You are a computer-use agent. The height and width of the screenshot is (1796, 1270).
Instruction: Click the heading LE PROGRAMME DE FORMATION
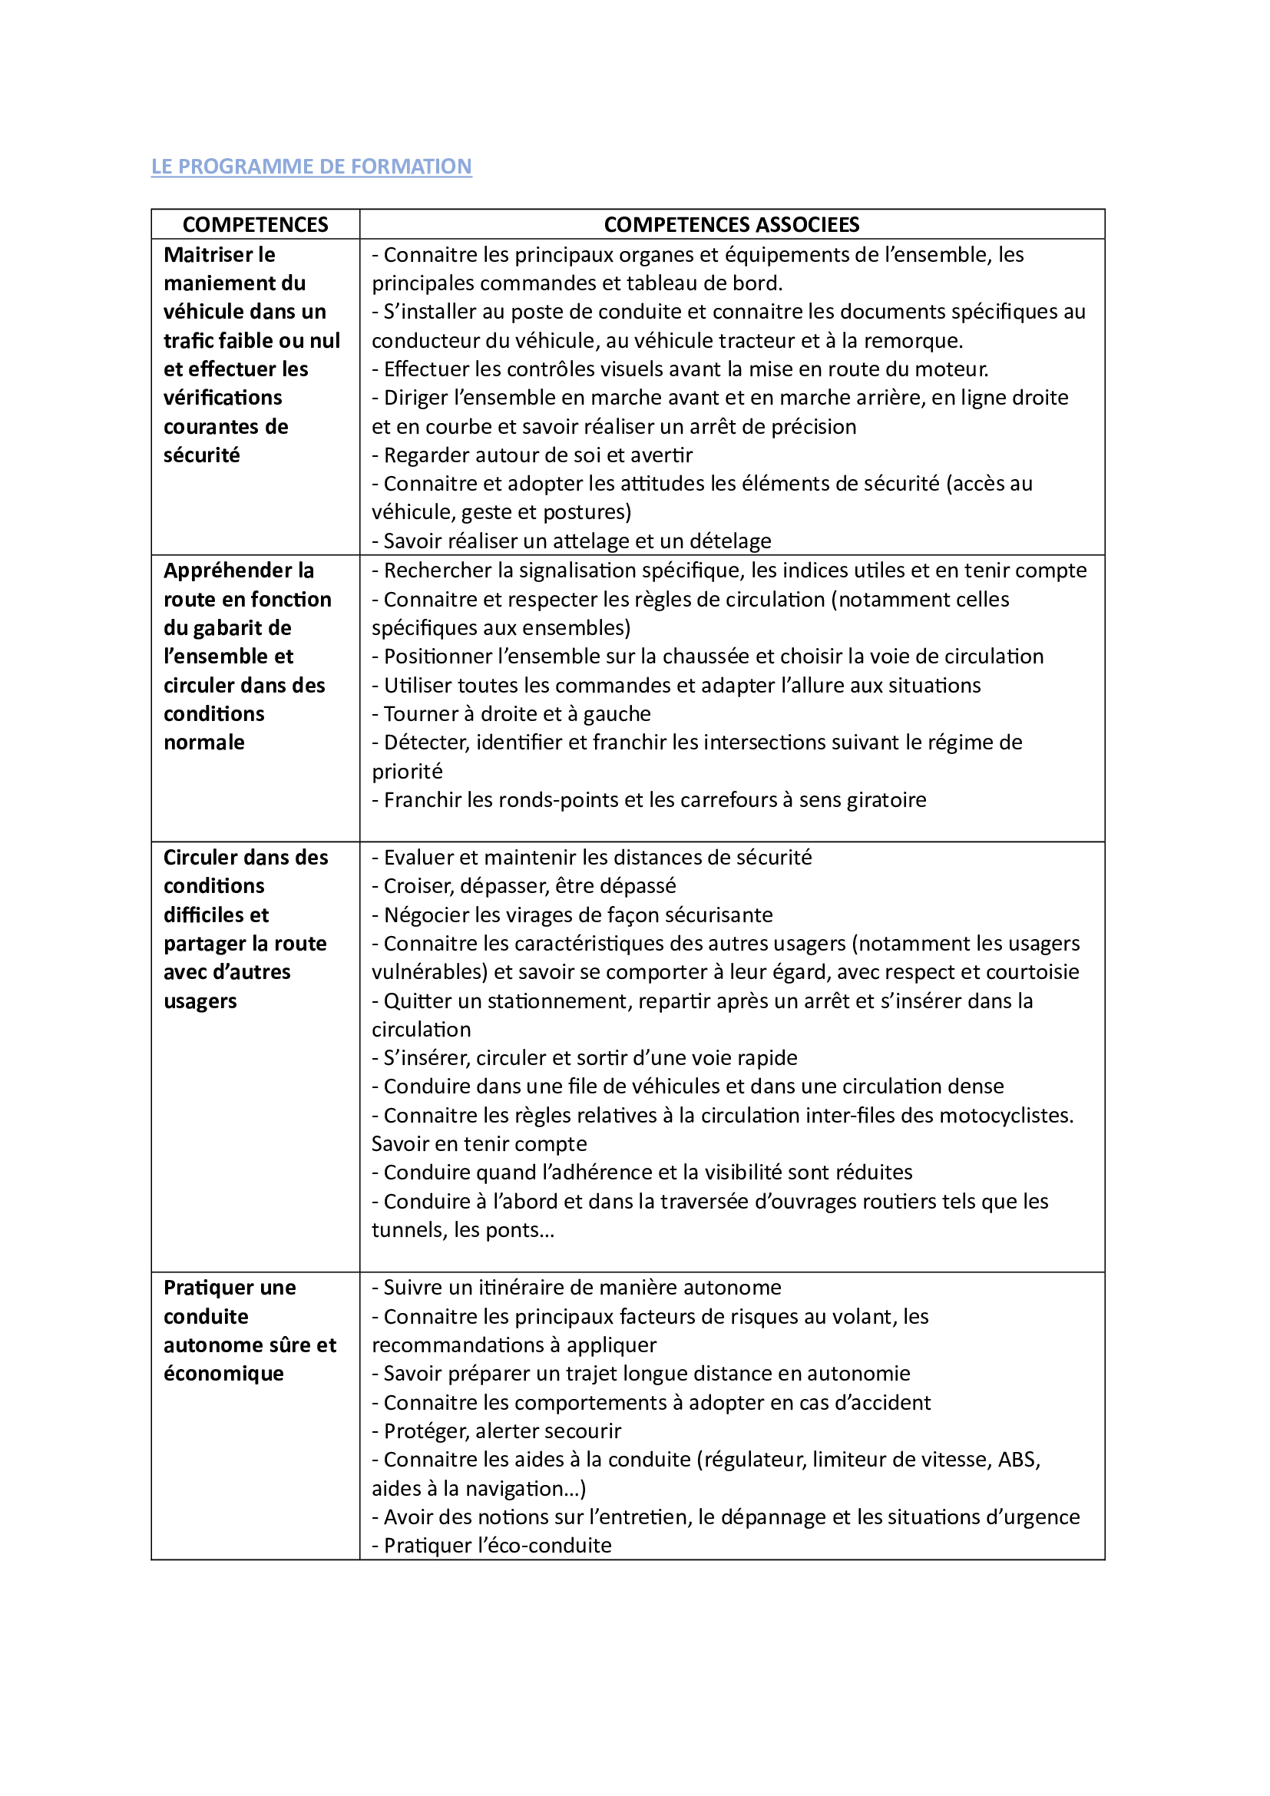point(311,167)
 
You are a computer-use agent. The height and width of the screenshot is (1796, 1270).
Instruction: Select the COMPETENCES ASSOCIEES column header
point(731,224)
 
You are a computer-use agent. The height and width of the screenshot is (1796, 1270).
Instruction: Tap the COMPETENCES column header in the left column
point(255,224)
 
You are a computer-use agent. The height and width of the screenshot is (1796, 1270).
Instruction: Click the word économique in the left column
point(223,1374)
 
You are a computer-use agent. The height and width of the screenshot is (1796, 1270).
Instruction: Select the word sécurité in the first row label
point(202,455)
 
